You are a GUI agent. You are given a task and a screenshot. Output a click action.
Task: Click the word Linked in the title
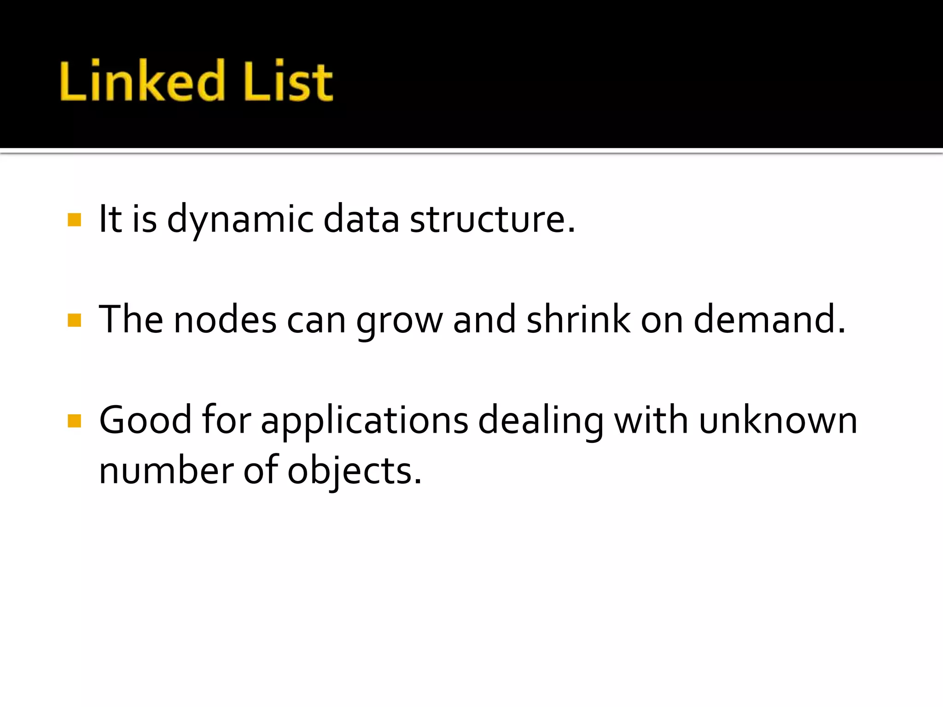click(142, 81)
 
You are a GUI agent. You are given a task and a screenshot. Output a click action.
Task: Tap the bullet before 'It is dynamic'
click(74, 220)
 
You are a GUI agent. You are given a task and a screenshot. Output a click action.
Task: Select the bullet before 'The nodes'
click(74, 320)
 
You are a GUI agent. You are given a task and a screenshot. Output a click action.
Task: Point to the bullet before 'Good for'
click(74, 421)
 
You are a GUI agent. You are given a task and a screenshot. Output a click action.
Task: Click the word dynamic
click(240, 220)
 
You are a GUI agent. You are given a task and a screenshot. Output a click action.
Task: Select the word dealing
click(541, 421)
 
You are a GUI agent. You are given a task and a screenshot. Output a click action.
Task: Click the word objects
click(354, 471)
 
